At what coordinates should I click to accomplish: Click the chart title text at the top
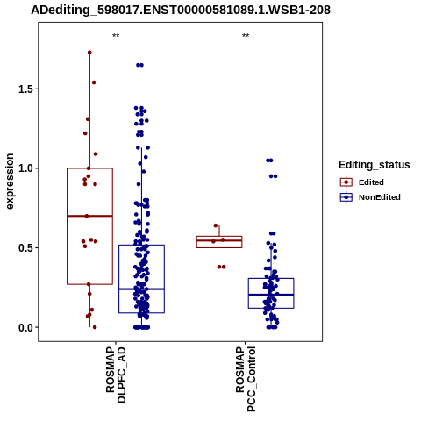[x=181, y=10]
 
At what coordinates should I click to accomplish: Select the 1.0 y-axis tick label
[x=25, y=168]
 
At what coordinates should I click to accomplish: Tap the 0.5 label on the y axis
[x=25, y=248]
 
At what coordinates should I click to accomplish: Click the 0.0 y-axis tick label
[x=25, y=327]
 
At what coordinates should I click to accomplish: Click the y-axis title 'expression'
[x=10, y=182]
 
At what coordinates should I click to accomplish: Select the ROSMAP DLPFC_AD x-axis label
[x=116, y=375]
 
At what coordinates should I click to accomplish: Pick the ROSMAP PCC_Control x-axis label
[x=246, y=379]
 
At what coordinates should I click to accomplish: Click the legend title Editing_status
[x=375, y=165]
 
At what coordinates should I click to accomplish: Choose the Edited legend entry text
[x=371, y=182]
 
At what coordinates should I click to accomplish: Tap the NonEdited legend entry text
[x=380, y=197]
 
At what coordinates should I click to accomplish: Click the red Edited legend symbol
[x=346, y=182]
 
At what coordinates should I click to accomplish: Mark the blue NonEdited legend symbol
[x=346, y=197]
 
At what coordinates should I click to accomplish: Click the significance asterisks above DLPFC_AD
[x=116, y=36]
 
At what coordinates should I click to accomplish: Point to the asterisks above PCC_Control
[x=246, y=36]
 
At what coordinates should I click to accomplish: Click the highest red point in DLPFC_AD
[x=89, y=53]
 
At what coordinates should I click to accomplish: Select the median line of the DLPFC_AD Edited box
[x=89, y=216]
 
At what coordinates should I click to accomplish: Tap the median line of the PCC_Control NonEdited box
[x=271, y=295]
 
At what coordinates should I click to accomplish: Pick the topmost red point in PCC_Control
[x=216, y=225]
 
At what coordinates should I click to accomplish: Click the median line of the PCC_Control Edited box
[x=219, y=240]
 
